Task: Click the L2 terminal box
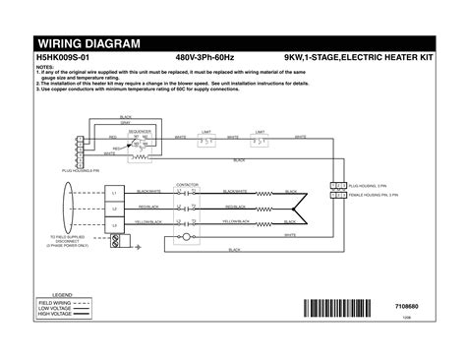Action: coord(114,209)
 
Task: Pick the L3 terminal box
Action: coord(114,226)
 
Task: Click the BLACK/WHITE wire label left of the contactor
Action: coord(149,191)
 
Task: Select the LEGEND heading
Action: coord(63,293)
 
